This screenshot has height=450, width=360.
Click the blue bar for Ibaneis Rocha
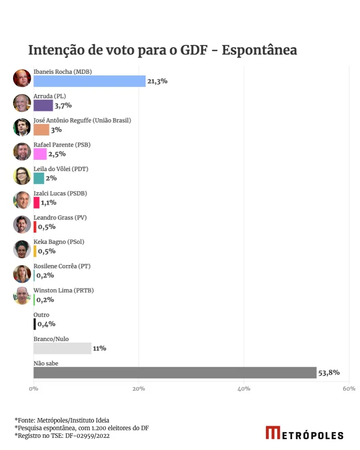pyautogui.click(x=89, y=81)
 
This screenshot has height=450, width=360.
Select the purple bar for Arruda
pyautogui.click(x=43, y=105)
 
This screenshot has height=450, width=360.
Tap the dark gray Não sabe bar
pyautogui.click(x=175, y=373)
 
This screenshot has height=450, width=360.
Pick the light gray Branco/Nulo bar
pyautogui.click(x=62, y=348)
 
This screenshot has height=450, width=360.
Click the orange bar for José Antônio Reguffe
pyautogui.click(x=41, y=130)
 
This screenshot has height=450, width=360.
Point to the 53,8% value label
pyautogui.click(x=329, y=373)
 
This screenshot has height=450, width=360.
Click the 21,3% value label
pyautogui.click(x=157, y=81)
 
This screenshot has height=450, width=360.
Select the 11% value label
pyautogui.click(x=99, y=348)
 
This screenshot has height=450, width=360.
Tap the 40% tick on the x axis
pyautogui.click(x=244, y=388)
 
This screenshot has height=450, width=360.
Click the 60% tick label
pyautogui.click(x=349, y=388)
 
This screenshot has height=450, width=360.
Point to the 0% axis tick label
pyautogui.click(x=34, y=388)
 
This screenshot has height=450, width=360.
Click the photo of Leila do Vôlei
pyautogui.click(x=22, y=175)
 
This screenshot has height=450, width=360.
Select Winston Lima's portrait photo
pyautogui.click(x=22, y=296)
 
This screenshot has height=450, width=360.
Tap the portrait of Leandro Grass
pyautogui.click(x=22, y=224)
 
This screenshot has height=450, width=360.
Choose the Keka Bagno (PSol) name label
pyautogui.click(x=59, y=242)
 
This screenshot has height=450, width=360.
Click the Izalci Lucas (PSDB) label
pyautogui.click(x=60, y=193)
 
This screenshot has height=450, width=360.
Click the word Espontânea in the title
pyautogui.click(x=260, y=50)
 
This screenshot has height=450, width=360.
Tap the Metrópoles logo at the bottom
pyautogui.click(x=304, y=433)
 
